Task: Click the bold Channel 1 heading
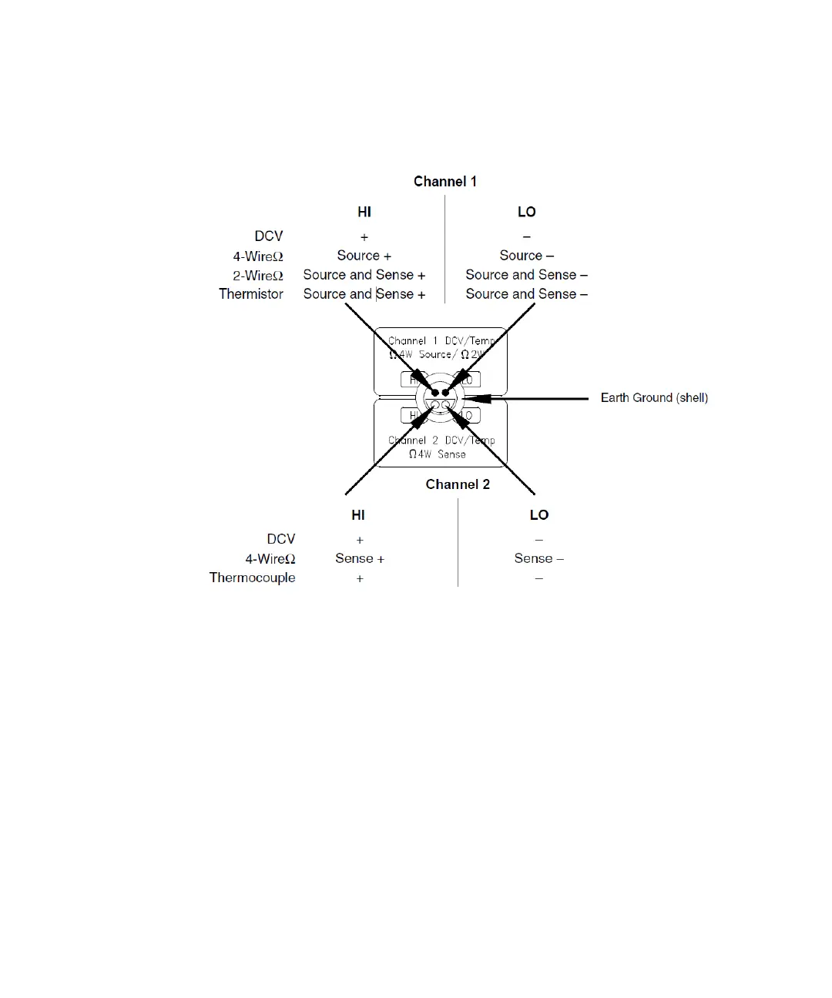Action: (445, 182)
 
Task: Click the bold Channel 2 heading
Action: (458, 484)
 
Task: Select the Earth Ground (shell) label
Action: (654, 398)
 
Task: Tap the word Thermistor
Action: (251, 294)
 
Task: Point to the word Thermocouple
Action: (252, 578)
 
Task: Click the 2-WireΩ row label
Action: (258, 276)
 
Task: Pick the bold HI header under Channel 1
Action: (364, 212)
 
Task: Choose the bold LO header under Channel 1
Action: (527, 212)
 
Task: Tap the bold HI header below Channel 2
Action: (358, 515)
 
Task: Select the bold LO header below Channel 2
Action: (539, 515)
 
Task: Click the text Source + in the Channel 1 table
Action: (364, 256)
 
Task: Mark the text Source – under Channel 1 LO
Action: (527, 256)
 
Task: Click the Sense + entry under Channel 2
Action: (360, 558)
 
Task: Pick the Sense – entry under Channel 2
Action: (539, 558)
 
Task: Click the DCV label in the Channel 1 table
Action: (269, 236)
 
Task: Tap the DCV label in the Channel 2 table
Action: (281, 539)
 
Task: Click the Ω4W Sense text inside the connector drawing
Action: (438, 454)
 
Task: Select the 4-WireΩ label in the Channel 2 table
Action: (270, 559)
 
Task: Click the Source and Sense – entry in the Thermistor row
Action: (527, 294)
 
